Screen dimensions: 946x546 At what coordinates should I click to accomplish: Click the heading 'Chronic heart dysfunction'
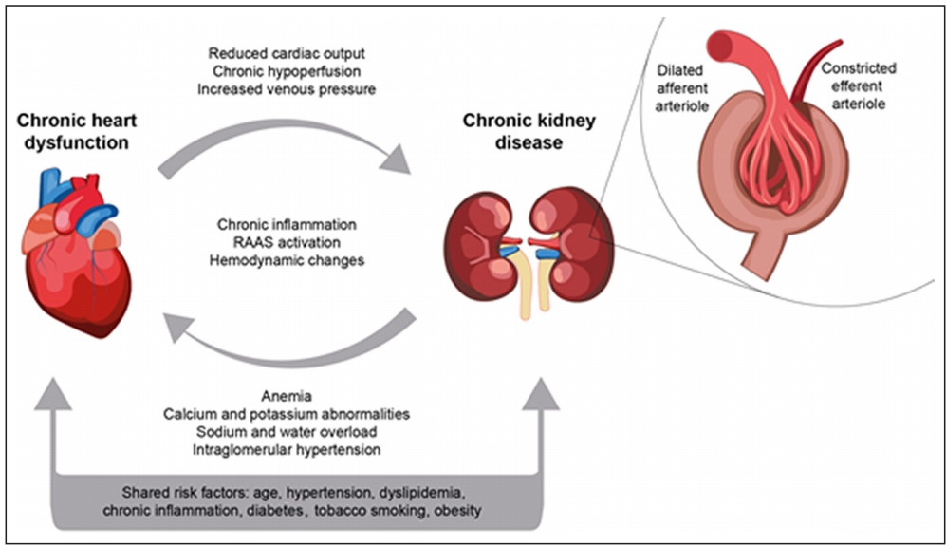77,131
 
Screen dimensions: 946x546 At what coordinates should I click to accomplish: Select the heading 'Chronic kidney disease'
529,131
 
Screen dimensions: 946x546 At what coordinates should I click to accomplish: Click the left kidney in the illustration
479,246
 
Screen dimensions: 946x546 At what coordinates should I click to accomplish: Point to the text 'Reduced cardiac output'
287,53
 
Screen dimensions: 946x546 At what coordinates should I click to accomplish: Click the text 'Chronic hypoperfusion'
287,71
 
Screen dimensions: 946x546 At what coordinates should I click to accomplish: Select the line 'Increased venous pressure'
287,89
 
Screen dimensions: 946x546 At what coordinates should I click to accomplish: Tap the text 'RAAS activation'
287,242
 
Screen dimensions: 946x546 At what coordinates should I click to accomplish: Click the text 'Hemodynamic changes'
287,260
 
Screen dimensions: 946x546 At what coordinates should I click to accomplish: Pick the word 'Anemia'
287,396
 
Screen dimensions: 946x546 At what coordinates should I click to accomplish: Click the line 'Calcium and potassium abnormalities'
287,414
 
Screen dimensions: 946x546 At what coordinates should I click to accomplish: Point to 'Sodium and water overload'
287,432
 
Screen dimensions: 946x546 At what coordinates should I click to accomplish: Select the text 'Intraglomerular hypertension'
287,450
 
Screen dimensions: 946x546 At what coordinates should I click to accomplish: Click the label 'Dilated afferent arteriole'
682,88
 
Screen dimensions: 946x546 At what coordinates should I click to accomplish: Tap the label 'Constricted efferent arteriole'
859,85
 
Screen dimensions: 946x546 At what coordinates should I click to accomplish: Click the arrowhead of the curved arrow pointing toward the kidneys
395,159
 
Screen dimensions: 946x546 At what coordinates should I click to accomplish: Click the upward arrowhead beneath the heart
53,394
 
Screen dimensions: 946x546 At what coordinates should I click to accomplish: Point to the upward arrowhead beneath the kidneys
541,394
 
